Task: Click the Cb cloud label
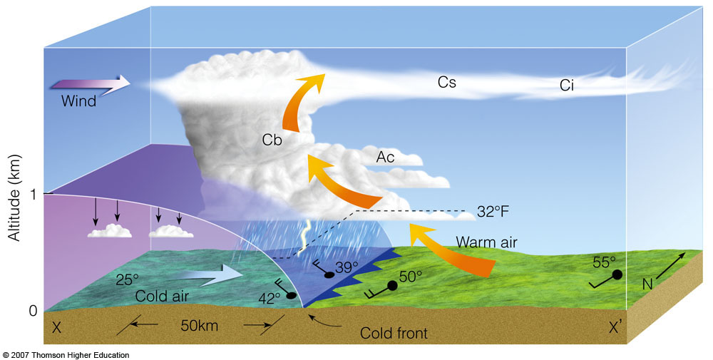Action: point(272,140)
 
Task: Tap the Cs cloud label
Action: point(446,83)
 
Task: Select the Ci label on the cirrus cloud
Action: point(567,86)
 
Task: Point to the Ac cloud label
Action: point(385,156)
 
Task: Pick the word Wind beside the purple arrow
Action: point(78,101)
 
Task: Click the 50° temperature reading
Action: point(410,274)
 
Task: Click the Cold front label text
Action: point(394,333)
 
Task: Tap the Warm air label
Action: point(487,242)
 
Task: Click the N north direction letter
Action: point(647,284)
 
